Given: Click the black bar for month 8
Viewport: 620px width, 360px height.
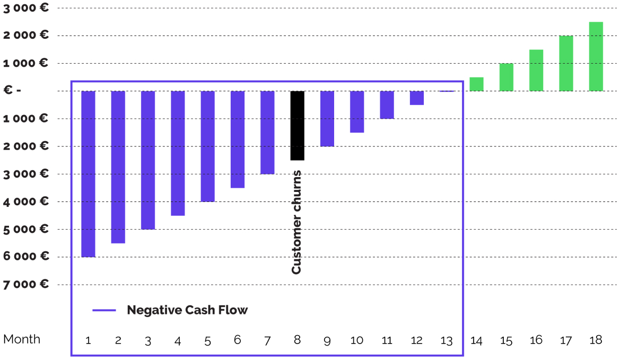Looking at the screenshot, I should tap(297, 126).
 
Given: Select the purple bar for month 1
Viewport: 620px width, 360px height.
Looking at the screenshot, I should tap(88, 174).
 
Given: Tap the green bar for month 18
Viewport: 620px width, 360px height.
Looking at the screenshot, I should tap(596, 56).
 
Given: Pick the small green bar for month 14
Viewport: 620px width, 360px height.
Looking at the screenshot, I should tap(476, 84).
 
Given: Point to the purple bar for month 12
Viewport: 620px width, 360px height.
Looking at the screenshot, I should tap(416, 98).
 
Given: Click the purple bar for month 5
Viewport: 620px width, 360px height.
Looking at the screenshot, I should tap(207, 146).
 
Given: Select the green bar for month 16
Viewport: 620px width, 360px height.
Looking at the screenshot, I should tap(536, 71).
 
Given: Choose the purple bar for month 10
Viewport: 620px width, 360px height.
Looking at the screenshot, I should tap(357, 112).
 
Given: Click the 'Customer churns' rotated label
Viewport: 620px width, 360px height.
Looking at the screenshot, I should tap(296, 222).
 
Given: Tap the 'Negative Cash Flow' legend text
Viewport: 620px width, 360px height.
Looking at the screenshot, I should tap(187, 310).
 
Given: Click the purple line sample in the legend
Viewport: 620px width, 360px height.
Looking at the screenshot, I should tap(104, 310).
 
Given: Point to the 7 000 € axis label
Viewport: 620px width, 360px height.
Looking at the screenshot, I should tap(27, 284).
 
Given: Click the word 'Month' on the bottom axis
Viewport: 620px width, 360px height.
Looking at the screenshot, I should tap(22, 339).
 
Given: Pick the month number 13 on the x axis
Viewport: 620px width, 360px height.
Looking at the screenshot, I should tap(446, 340).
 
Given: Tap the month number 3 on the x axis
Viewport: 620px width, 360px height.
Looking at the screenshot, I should tap(147, 340).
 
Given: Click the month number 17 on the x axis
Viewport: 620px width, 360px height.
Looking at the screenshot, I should tap(565, 340).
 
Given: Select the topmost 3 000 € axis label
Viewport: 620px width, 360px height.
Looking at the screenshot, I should tap(27, 8).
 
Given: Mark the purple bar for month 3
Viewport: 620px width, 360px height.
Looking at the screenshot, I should tap(147, 160).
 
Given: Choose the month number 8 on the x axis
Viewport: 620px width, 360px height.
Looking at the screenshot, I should tap(297, 340).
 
